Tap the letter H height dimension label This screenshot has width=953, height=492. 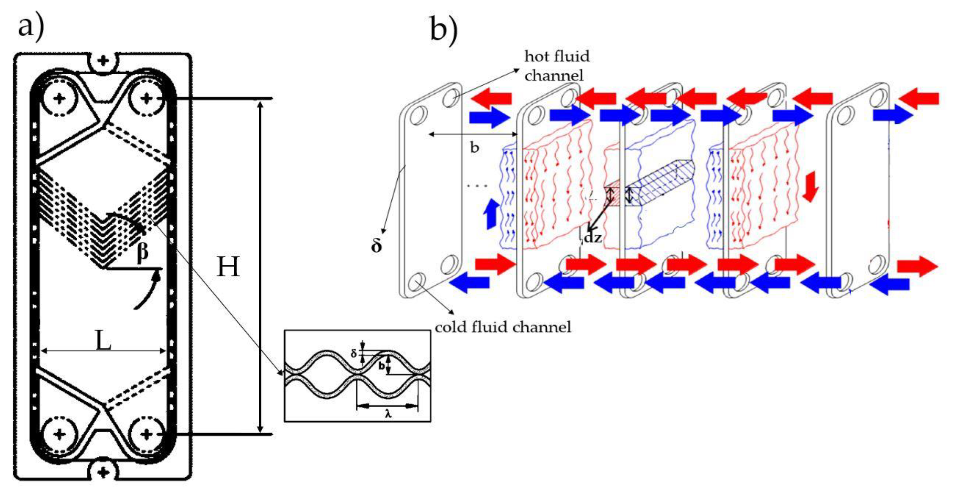pyautogui.click(x=228, y=267)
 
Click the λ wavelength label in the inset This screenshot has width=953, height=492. pyautogui.click(x=388, y=414)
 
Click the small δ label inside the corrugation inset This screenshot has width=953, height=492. pyautogui.click(x=354, y=354)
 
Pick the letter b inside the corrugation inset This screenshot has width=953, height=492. pyautogui.click(x=382, y=366)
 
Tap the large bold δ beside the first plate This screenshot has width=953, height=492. pyautogui.click(x=376, y=246)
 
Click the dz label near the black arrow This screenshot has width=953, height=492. pyautogui.click(x=592, y=237)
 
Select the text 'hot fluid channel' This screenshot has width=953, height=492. pyautogui.click(x=557, y=66)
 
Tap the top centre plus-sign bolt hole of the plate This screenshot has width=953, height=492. pyautogui.click(x=103, y=60)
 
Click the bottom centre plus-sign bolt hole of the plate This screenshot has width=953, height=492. pyautogui.click(x=103, y=472)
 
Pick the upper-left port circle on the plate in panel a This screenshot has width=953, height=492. pyautogui.click(x=59, y=98)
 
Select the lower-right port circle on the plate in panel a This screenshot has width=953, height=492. pyautogui.click(x=146, y=434)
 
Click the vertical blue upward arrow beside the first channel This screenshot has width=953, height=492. pyautogui.click(x=491, y=213)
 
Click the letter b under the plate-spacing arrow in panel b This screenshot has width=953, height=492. pyautogui.click(x=474, y=148)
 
